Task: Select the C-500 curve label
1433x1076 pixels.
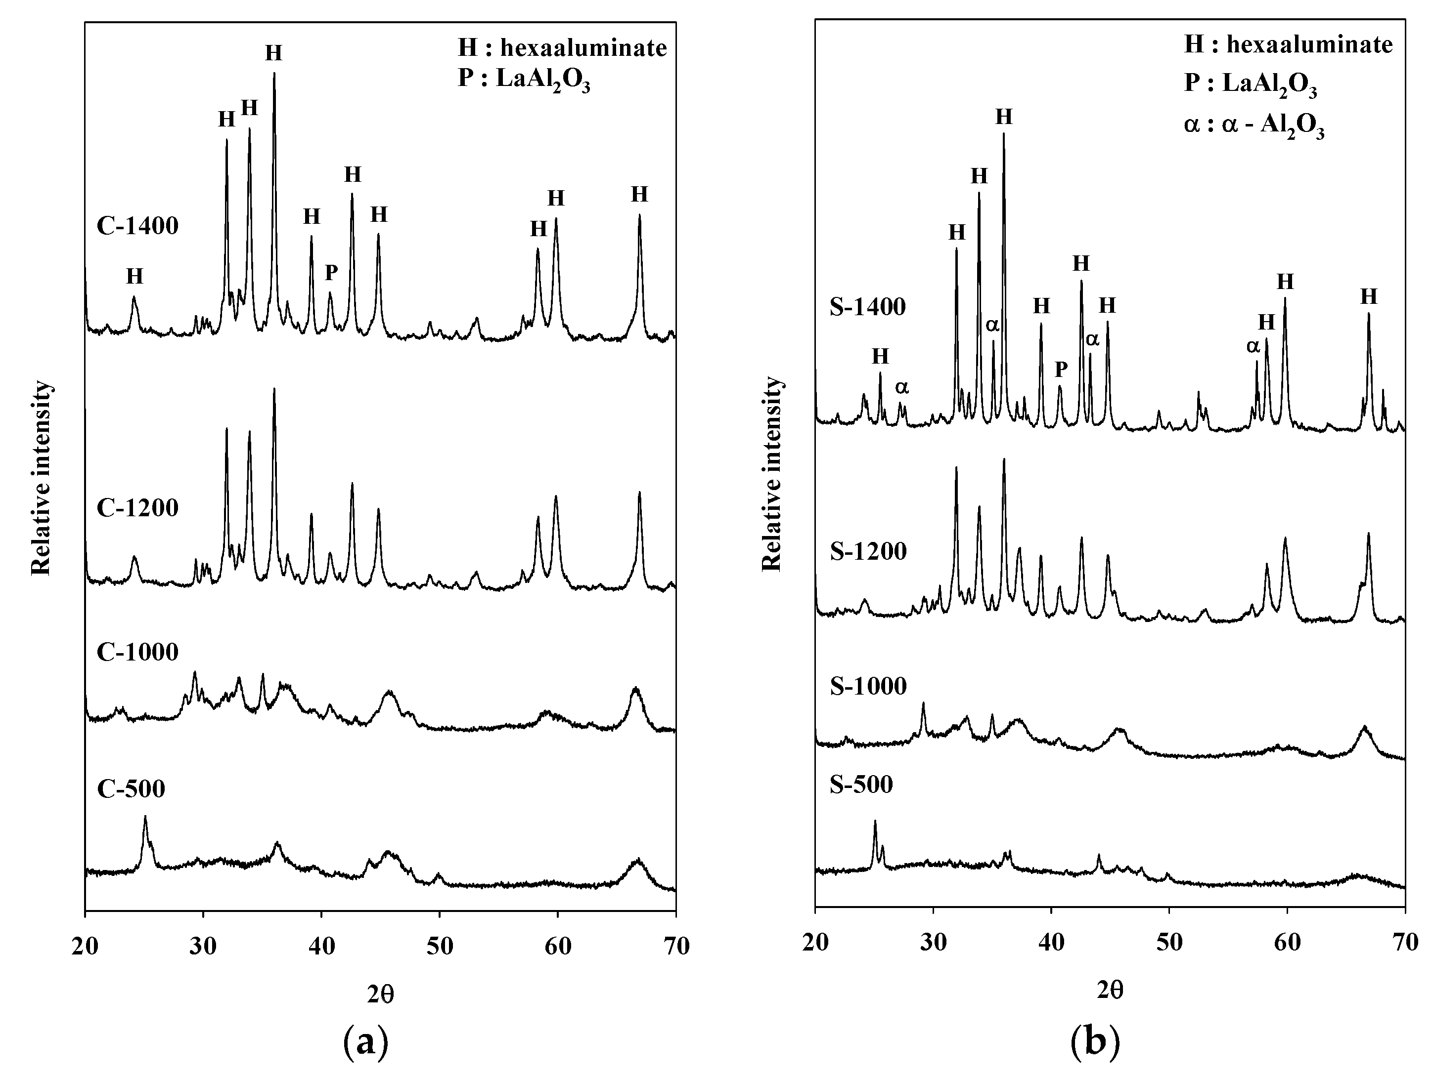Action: [131, 788]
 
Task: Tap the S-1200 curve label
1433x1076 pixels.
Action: [868, 552]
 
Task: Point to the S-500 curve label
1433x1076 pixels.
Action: [861, 785]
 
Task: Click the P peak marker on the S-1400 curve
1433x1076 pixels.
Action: [1061, 369]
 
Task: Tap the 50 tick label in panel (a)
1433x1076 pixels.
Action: [440, 946]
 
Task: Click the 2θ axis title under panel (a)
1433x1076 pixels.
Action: [380, 994]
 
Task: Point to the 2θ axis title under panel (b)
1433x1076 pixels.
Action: [1111, 990]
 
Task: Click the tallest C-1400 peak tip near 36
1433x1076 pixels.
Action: [274, 73]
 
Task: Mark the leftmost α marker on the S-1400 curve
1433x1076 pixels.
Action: [902, 387]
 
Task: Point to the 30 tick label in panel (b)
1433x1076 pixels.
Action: [934, 943]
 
